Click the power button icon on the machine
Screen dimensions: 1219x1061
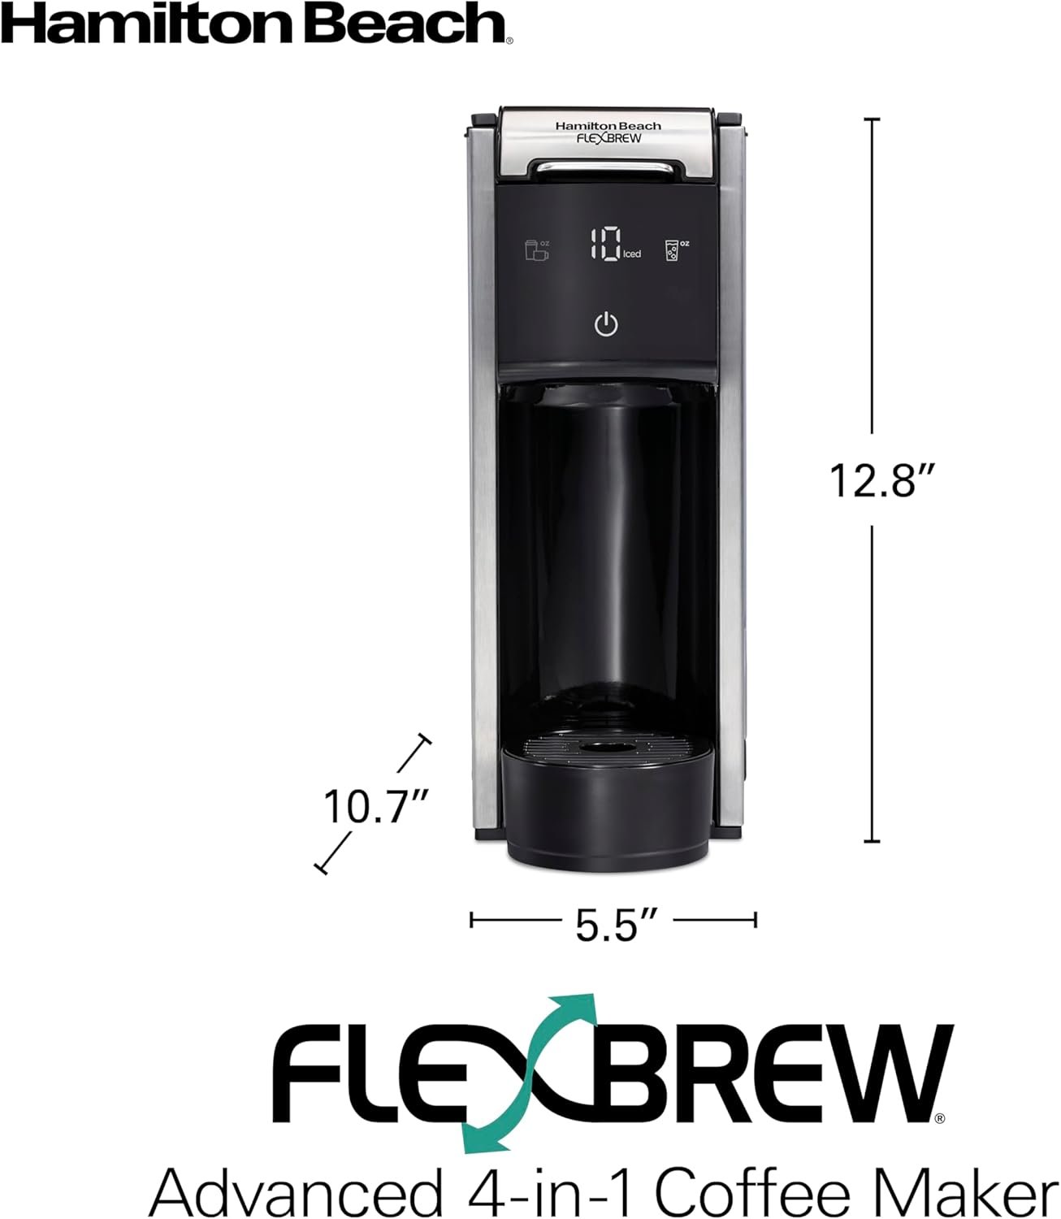(x=606, y=324)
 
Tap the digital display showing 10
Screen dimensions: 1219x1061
(x=605, y=244)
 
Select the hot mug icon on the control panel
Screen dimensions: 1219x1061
(x=537, y=249)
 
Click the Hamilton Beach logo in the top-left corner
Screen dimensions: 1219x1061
(x=257, y=24)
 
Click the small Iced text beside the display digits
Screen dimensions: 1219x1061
(x=632, y=254)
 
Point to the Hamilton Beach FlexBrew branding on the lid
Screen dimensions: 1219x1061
(x=608, y=132)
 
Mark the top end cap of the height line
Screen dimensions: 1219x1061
(x=873, y=119)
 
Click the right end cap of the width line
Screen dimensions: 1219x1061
(x=756, y=920)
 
